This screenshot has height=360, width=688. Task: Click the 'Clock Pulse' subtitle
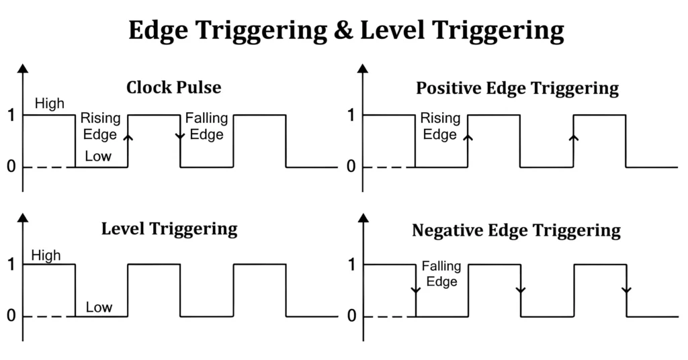[173, 88]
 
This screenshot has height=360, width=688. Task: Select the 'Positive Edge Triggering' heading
[517, 88]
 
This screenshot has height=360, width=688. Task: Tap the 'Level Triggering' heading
[169, 228]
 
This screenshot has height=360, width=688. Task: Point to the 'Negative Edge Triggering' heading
[516, 231]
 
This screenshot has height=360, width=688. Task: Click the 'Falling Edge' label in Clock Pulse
[206, 126]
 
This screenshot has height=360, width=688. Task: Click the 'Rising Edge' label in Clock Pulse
[101, 126]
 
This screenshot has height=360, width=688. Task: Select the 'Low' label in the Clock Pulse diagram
[98, 158]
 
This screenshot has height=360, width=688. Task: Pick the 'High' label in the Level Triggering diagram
[46, 255]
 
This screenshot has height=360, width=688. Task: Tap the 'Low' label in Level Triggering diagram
[99, 308]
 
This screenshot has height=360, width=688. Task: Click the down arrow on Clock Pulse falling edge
[180, 136]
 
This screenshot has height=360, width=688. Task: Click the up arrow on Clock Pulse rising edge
[128, 136]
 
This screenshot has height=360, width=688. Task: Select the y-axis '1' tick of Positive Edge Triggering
[351, 116]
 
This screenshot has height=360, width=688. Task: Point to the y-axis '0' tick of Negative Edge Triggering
[351, 317]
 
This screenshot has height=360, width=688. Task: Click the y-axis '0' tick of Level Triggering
[11, 317]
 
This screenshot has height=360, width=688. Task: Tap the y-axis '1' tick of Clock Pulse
[11, 116]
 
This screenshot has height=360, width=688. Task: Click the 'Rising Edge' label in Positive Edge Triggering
[440, 126]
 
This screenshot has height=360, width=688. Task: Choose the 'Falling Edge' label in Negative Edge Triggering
[440, 274]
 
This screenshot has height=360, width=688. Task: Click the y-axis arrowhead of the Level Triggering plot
[24, 218]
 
